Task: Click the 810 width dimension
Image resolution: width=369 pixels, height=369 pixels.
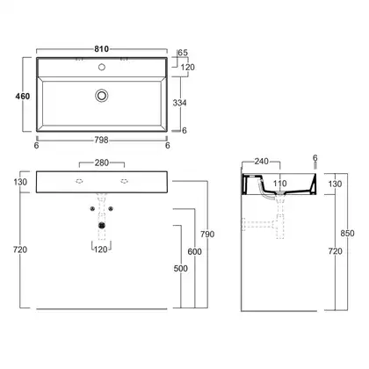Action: (x=102, y=49)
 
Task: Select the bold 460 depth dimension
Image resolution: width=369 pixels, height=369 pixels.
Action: (x=23, y=96)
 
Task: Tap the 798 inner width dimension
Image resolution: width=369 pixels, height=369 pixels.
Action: (x=101, y=140)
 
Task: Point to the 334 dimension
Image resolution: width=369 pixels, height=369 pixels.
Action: (x=179, y=103)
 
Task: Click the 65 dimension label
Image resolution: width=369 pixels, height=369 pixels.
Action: (x=183, y=53)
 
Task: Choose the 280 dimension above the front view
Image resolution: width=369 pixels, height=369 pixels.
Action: (x=102, y=163)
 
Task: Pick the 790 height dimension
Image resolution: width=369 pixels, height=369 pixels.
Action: (x=207, y=234)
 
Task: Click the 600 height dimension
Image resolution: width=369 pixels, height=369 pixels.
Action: (x=194, y=251)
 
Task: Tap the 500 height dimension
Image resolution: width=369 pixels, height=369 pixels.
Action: (x=181, y=268)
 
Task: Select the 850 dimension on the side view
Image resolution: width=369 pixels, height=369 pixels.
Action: (x=347, y=234)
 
